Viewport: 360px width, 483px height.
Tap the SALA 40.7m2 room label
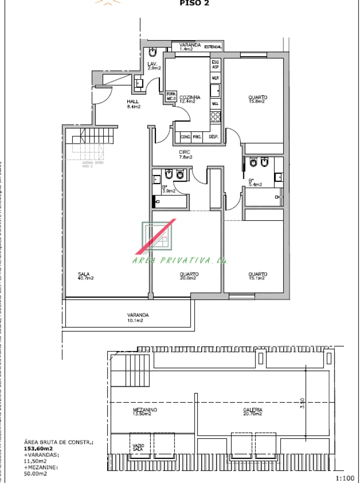pyautogui.click(x=86, y=276)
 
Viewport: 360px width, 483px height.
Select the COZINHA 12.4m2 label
pyautogui.click(x=188, y=99)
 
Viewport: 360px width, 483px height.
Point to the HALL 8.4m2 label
pyautogui.click(x=134, y=104)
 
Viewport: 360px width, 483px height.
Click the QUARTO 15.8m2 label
pyautogui.click(x=257, y=99)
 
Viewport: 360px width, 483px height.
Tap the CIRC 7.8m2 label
pyautogui.click(x=185, y=154)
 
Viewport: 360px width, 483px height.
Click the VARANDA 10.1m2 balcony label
pyautogui.click(x=135, y=318)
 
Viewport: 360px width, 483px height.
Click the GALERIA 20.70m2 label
pyautogui.click(x=253, y=412)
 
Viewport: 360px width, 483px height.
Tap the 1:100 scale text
pyautogui.click(x=345, y=478)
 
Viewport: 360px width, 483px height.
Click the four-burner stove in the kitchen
pyautogui.click(x=215, y=117)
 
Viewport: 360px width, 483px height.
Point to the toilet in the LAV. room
pyautogui.click(x=152, y=52)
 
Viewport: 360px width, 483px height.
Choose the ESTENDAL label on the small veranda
pyautogui.click(x=213, y=47)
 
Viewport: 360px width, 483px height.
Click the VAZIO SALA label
pyautogui.click(x=138, y=447)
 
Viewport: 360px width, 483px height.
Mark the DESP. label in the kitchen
pyautogui.click(x=213, y=137)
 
